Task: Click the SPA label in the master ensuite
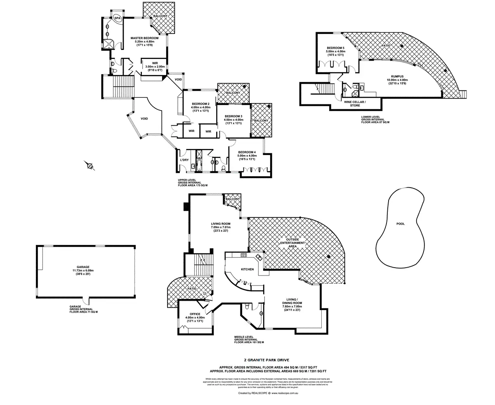118,19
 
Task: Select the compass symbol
90,166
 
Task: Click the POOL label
400,224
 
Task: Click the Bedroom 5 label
335,48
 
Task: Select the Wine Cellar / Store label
355,103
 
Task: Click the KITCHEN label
247,269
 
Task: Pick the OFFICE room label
195,314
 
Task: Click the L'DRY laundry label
184,160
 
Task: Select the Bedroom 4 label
247,152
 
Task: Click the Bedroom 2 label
200,104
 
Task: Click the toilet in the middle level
246,306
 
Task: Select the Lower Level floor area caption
375,120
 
